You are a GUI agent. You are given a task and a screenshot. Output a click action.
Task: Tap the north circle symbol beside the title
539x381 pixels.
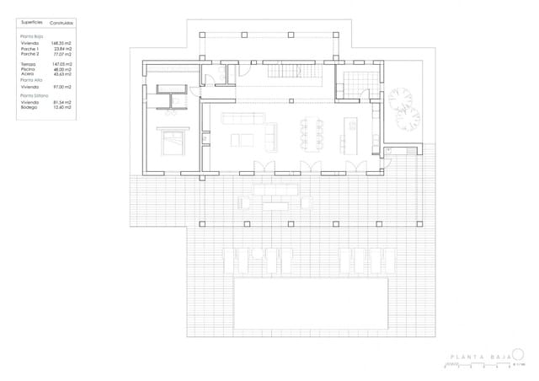518,355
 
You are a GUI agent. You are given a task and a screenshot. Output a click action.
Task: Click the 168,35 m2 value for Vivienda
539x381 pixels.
61,43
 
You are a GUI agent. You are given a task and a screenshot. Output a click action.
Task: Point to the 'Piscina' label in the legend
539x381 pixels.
30,69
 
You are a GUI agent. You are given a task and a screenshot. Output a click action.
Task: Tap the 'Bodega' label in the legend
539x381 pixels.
30,107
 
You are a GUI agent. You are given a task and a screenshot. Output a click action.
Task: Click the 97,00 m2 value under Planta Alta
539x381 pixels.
61,86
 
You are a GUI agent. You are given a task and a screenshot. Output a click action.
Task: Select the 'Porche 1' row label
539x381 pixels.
30,48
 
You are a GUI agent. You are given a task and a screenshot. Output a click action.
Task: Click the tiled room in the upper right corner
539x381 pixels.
357,81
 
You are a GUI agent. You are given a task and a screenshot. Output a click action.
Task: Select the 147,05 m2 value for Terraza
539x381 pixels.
61,64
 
